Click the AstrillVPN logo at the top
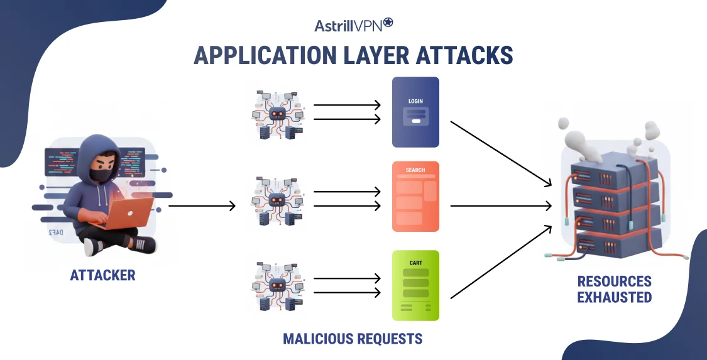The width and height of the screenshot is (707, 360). coord(353,25)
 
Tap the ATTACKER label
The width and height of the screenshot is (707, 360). coord(102,275)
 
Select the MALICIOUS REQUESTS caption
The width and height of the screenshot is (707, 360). coord(353,339)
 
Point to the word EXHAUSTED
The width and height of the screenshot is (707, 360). coord(614,297)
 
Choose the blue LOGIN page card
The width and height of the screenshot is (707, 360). coord(415,112)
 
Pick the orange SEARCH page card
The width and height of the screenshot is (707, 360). coord(415,196)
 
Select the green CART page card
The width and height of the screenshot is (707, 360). coord(415,285)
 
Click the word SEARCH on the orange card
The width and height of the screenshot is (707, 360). coord(415,170)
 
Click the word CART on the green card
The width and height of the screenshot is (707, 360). coord(415,263)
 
